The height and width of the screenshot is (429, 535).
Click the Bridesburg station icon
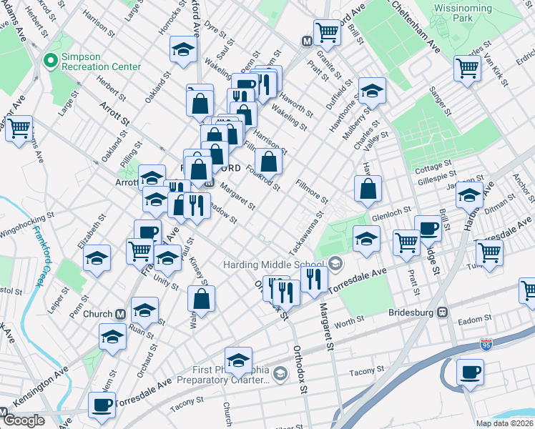point(443,312)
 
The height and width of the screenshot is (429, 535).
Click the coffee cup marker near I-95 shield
point(470,372)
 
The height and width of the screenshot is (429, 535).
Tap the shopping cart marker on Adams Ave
point(19,129)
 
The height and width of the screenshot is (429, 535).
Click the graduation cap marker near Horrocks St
point(182,49)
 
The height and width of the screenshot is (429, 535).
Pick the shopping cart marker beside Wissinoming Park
point(467,69)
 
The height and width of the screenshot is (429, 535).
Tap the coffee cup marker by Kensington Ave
point(101,405)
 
